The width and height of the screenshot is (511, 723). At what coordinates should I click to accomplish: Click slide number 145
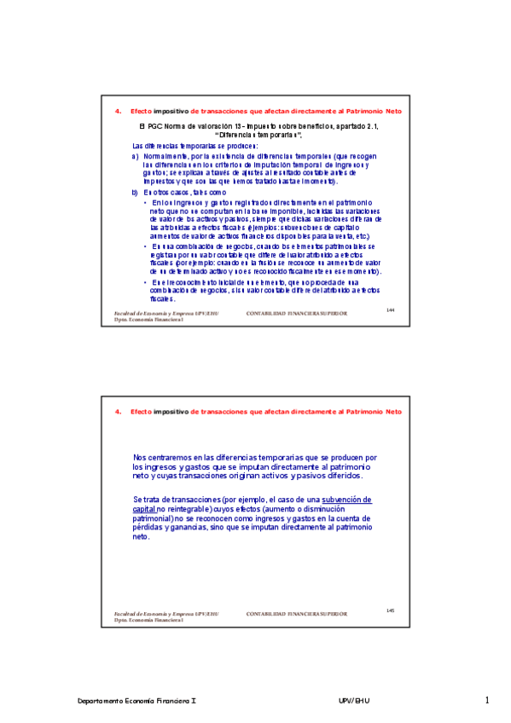[x=390, y=610]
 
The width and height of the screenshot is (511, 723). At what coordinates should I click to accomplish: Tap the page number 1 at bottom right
[x=487, y=701]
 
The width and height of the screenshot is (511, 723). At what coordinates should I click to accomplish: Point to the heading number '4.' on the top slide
[x=118, y=112]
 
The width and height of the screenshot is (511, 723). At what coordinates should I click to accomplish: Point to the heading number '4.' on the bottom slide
[x=118, y=412]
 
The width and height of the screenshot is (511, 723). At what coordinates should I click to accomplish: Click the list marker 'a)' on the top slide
[x=135, y=158]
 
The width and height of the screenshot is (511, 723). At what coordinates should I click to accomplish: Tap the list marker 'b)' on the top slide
[x=135, y=193]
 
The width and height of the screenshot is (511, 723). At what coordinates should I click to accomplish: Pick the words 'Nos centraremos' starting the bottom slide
[x=161, y=458]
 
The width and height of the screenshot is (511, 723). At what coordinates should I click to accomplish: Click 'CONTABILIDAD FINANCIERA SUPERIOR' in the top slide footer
[x=296, y=314]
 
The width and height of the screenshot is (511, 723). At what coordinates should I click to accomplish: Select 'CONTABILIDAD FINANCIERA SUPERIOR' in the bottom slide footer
[x=296, y=614]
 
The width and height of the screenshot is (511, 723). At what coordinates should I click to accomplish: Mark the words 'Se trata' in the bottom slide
[x=145, y=498]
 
